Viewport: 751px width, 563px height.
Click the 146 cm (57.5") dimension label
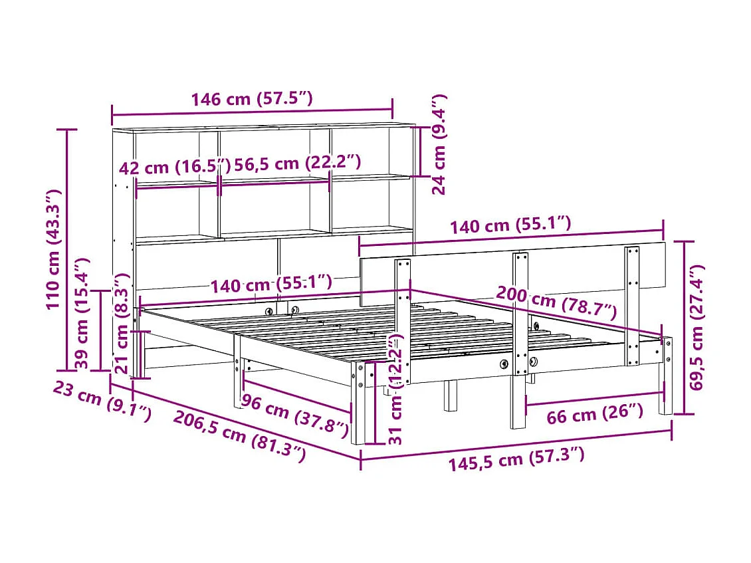tap(251, 99)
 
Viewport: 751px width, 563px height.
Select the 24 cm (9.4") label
tap(439, 144)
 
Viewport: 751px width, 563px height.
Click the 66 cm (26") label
tap(595, 415)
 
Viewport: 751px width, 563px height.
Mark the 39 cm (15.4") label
tap(82, 312)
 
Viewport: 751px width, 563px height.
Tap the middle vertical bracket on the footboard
tap(520, 312)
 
